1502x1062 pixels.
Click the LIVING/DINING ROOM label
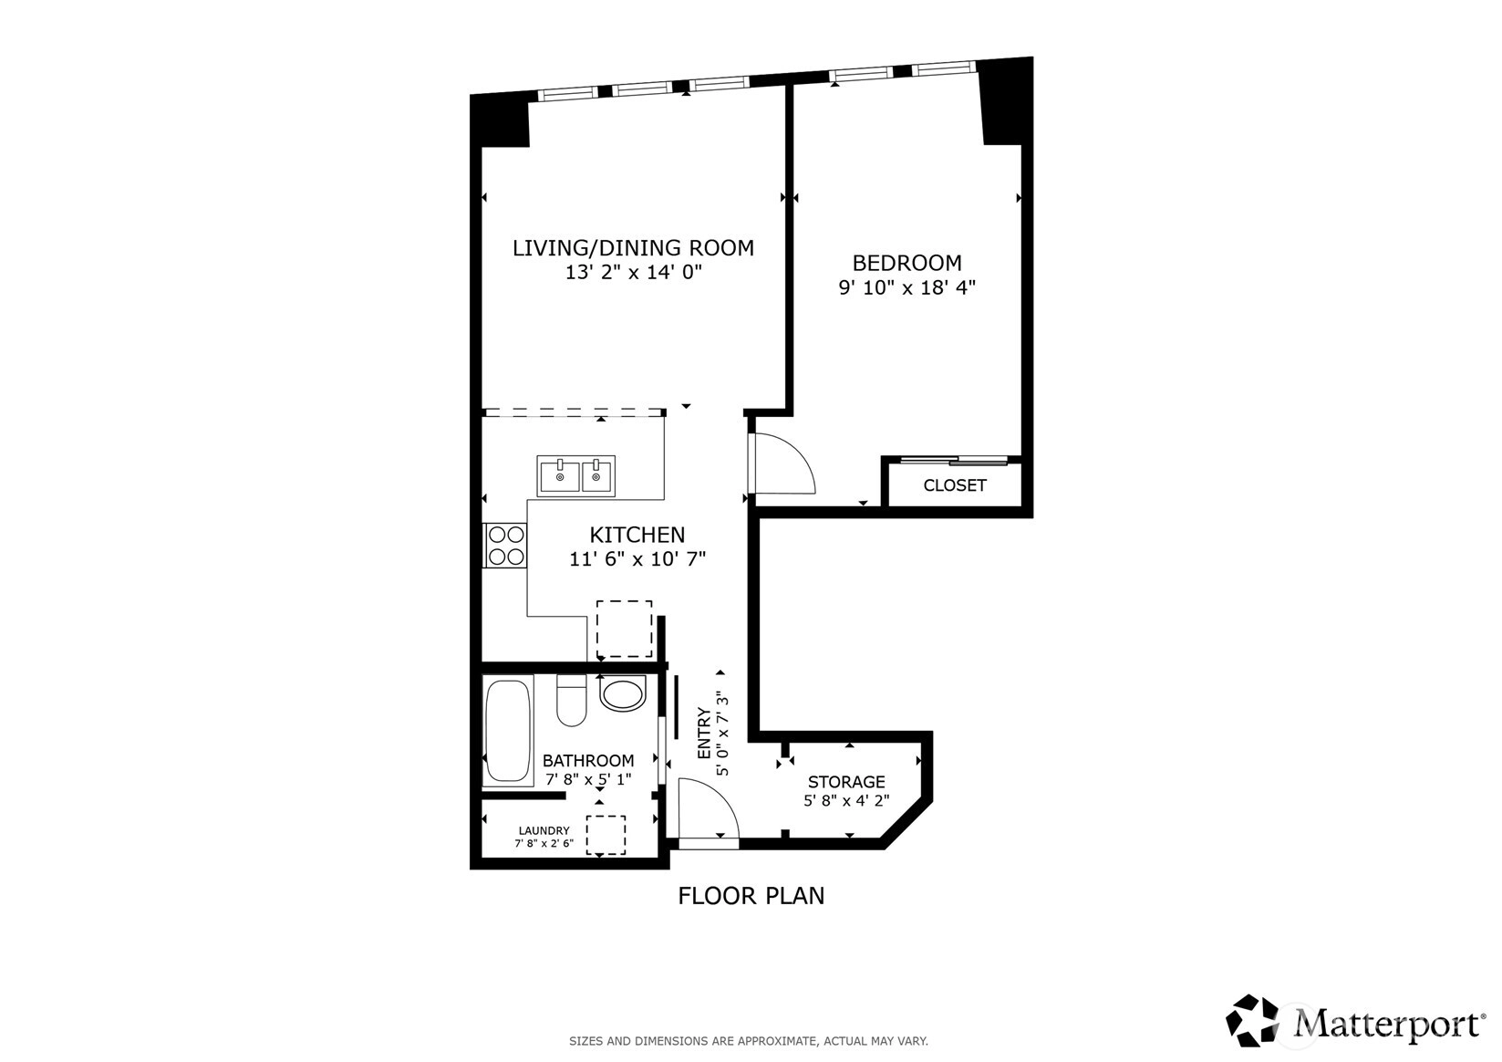click(633, 248)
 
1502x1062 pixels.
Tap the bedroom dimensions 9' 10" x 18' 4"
click(906, 287)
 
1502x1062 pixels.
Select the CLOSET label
click(955, 485)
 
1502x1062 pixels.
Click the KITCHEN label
click(637, 535)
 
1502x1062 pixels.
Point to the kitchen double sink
click(576, 476)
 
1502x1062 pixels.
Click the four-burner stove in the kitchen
click(505, 546)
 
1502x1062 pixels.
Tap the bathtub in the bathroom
click(508, 730)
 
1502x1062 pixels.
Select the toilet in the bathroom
click(571, 700)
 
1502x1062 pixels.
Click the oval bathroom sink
click(623, 693)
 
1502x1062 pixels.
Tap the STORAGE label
click(846, 782)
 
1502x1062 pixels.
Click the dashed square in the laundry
click(606, 835)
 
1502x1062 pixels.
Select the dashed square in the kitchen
click(625, 629)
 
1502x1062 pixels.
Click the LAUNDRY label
click(544, 830)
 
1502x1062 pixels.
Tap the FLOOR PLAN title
click(751, 896)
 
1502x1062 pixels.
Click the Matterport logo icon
click(1251, 1021)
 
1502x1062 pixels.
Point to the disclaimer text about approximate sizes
click(749, 1041)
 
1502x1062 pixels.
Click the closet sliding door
click(954, 461)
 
